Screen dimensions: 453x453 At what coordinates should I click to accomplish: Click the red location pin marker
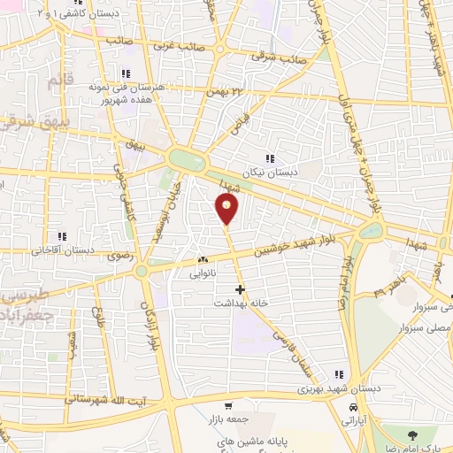(x=226, y=209)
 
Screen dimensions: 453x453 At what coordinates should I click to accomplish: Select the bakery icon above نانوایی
(x=203, y=260)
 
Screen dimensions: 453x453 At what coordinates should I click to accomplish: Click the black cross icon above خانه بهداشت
(x=239, y=288)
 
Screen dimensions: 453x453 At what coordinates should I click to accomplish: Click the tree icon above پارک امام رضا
(x=412, y=434)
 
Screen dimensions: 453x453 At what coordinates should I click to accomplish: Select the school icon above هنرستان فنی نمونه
(x=126, y=73)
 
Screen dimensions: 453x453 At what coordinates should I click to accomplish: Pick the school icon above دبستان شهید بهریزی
(x=336, y=374)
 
